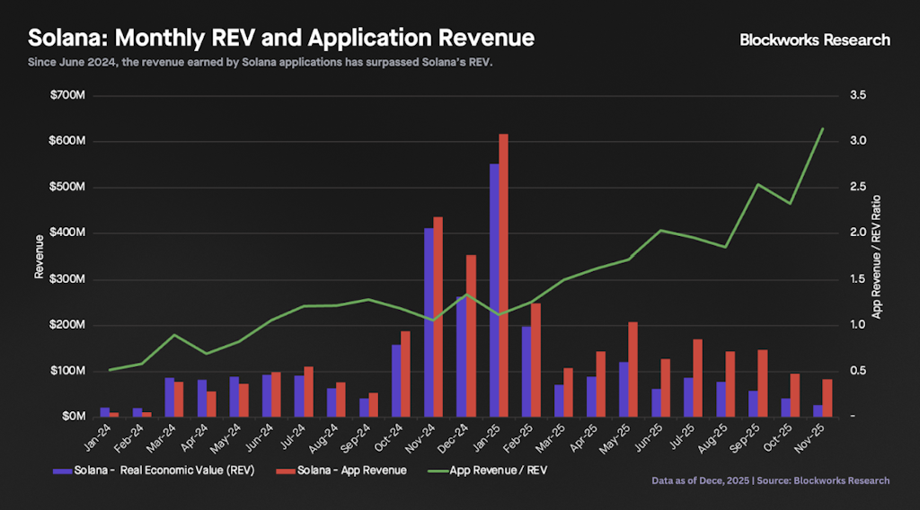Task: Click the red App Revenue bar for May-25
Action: click(x=632, y=368)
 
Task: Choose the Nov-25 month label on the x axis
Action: click(x=814, y=437)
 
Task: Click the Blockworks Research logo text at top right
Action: click(x=815, y=40)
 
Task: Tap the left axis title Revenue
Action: click(x=40, y=256)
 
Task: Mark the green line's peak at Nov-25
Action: click(x=823, y=128)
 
